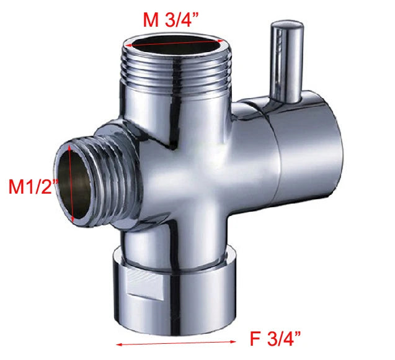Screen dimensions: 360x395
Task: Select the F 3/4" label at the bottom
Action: [276, 340]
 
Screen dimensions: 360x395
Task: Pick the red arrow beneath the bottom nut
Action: [176, 341]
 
